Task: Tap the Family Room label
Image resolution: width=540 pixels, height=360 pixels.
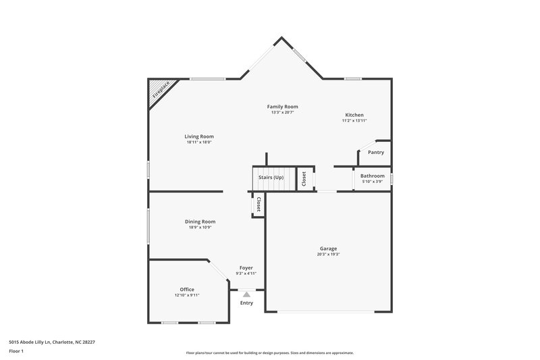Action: coord(282,107)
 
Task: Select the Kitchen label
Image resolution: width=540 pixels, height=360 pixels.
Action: coord(354,115)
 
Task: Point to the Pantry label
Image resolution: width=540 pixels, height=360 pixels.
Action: coord(375,153)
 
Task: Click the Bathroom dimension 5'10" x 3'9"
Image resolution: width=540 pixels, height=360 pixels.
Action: coord(372,181)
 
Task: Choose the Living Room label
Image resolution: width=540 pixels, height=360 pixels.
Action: coord(199,136)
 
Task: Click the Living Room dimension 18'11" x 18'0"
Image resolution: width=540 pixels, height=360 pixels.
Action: coord(199,143)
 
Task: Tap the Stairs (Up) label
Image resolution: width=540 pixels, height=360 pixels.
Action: coord(271,177)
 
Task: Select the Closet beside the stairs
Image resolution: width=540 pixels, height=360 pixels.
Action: coord(304,179)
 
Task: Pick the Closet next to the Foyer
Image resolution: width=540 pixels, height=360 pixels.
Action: coord(258,204)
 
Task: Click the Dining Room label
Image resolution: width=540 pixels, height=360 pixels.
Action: coord(200,222)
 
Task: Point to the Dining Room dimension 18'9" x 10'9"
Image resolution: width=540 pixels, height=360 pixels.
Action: coord(200,228)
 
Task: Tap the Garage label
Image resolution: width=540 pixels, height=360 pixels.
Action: coord(328,249)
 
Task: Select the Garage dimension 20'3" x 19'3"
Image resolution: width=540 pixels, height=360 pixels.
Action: coord(328,255)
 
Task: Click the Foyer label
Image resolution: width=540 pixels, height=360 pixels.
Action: coord(246,267)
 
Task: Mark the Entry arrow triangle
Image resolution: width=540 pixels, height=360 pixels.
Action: coord(246,294)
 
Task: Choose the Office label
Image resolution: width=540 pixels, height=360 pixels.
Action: coord(187,289)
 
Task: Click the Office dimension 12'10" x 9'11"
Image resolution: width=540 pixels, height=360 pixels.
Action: coord(187,295)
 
